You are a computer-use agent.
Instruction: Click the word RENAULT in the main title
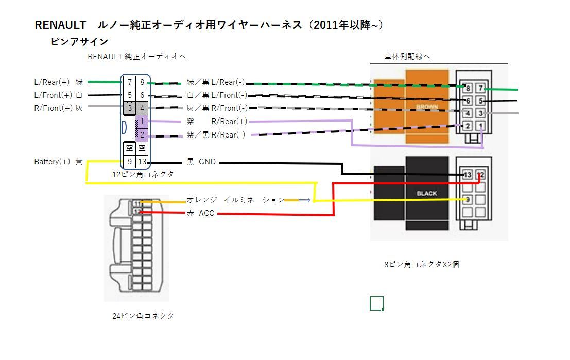(60, 25)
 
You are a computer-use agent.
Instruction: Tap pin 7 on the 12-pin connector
(130, 82)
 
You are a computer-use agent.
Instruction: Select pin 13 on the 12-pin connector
(142, 162)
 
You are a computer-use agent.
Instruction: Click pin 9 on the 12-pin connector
(130, 162)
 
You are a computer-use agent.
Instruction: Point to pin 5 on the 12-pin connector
(130, 95)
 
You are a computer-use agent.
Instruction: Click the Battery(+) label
(52, 162)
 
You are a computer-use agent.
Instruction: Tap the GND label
(207, 162)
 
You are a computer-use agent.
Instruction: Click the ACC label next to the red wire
(206, 213)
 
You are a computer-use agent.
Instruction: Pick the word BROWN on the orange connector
(426, 107)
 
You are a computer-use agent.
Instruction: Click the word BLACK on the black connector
(426, 193)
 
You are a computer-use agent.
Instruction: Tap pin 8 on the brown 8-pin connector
(468, 89)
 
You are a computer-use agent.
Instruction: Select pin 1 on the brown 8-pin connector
(480, 126)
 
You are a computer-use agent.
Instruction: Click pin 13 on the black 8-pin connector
(468, 175)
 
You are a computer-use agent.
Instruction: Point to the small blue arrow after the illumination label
(305, 200)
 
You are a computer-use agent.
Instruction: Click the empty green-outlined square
(376, 303)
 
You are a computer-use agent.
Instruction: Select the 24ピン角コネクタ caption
(143, 316)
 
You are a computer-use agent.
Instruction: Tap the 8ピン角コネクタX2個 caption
(421, 264)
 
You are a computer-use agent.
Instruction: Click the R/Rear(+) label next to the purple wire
(229, 122)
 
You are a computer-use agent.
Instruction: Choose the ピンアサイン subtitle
(79, 42)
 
